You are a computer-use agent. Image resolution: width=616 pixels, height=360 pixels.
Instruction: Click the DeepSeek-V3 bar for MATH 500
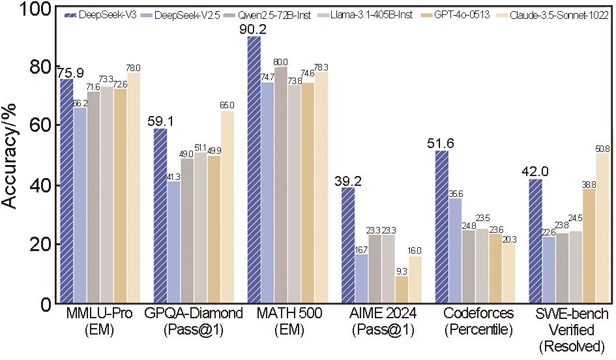click(254, 170)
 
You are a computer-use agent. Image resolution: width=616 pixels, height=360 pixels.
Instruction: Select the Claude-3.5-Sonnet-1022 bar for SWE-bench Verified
click(603, 228)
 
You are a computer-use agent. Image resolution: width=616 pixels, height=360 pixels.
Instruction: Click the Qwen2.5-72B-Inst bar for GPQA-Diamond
click(187, 232)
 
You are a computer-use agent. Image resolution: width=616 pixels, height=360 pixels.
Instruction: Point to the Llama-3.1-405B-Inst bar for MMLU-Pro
click(107, 196)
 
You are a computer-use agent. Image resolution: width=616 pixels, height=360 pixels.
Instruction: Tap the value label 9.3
click(402, 271)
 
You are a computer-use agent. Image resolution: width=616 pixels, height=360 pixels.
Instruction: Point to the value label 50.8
click(603, 148)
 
